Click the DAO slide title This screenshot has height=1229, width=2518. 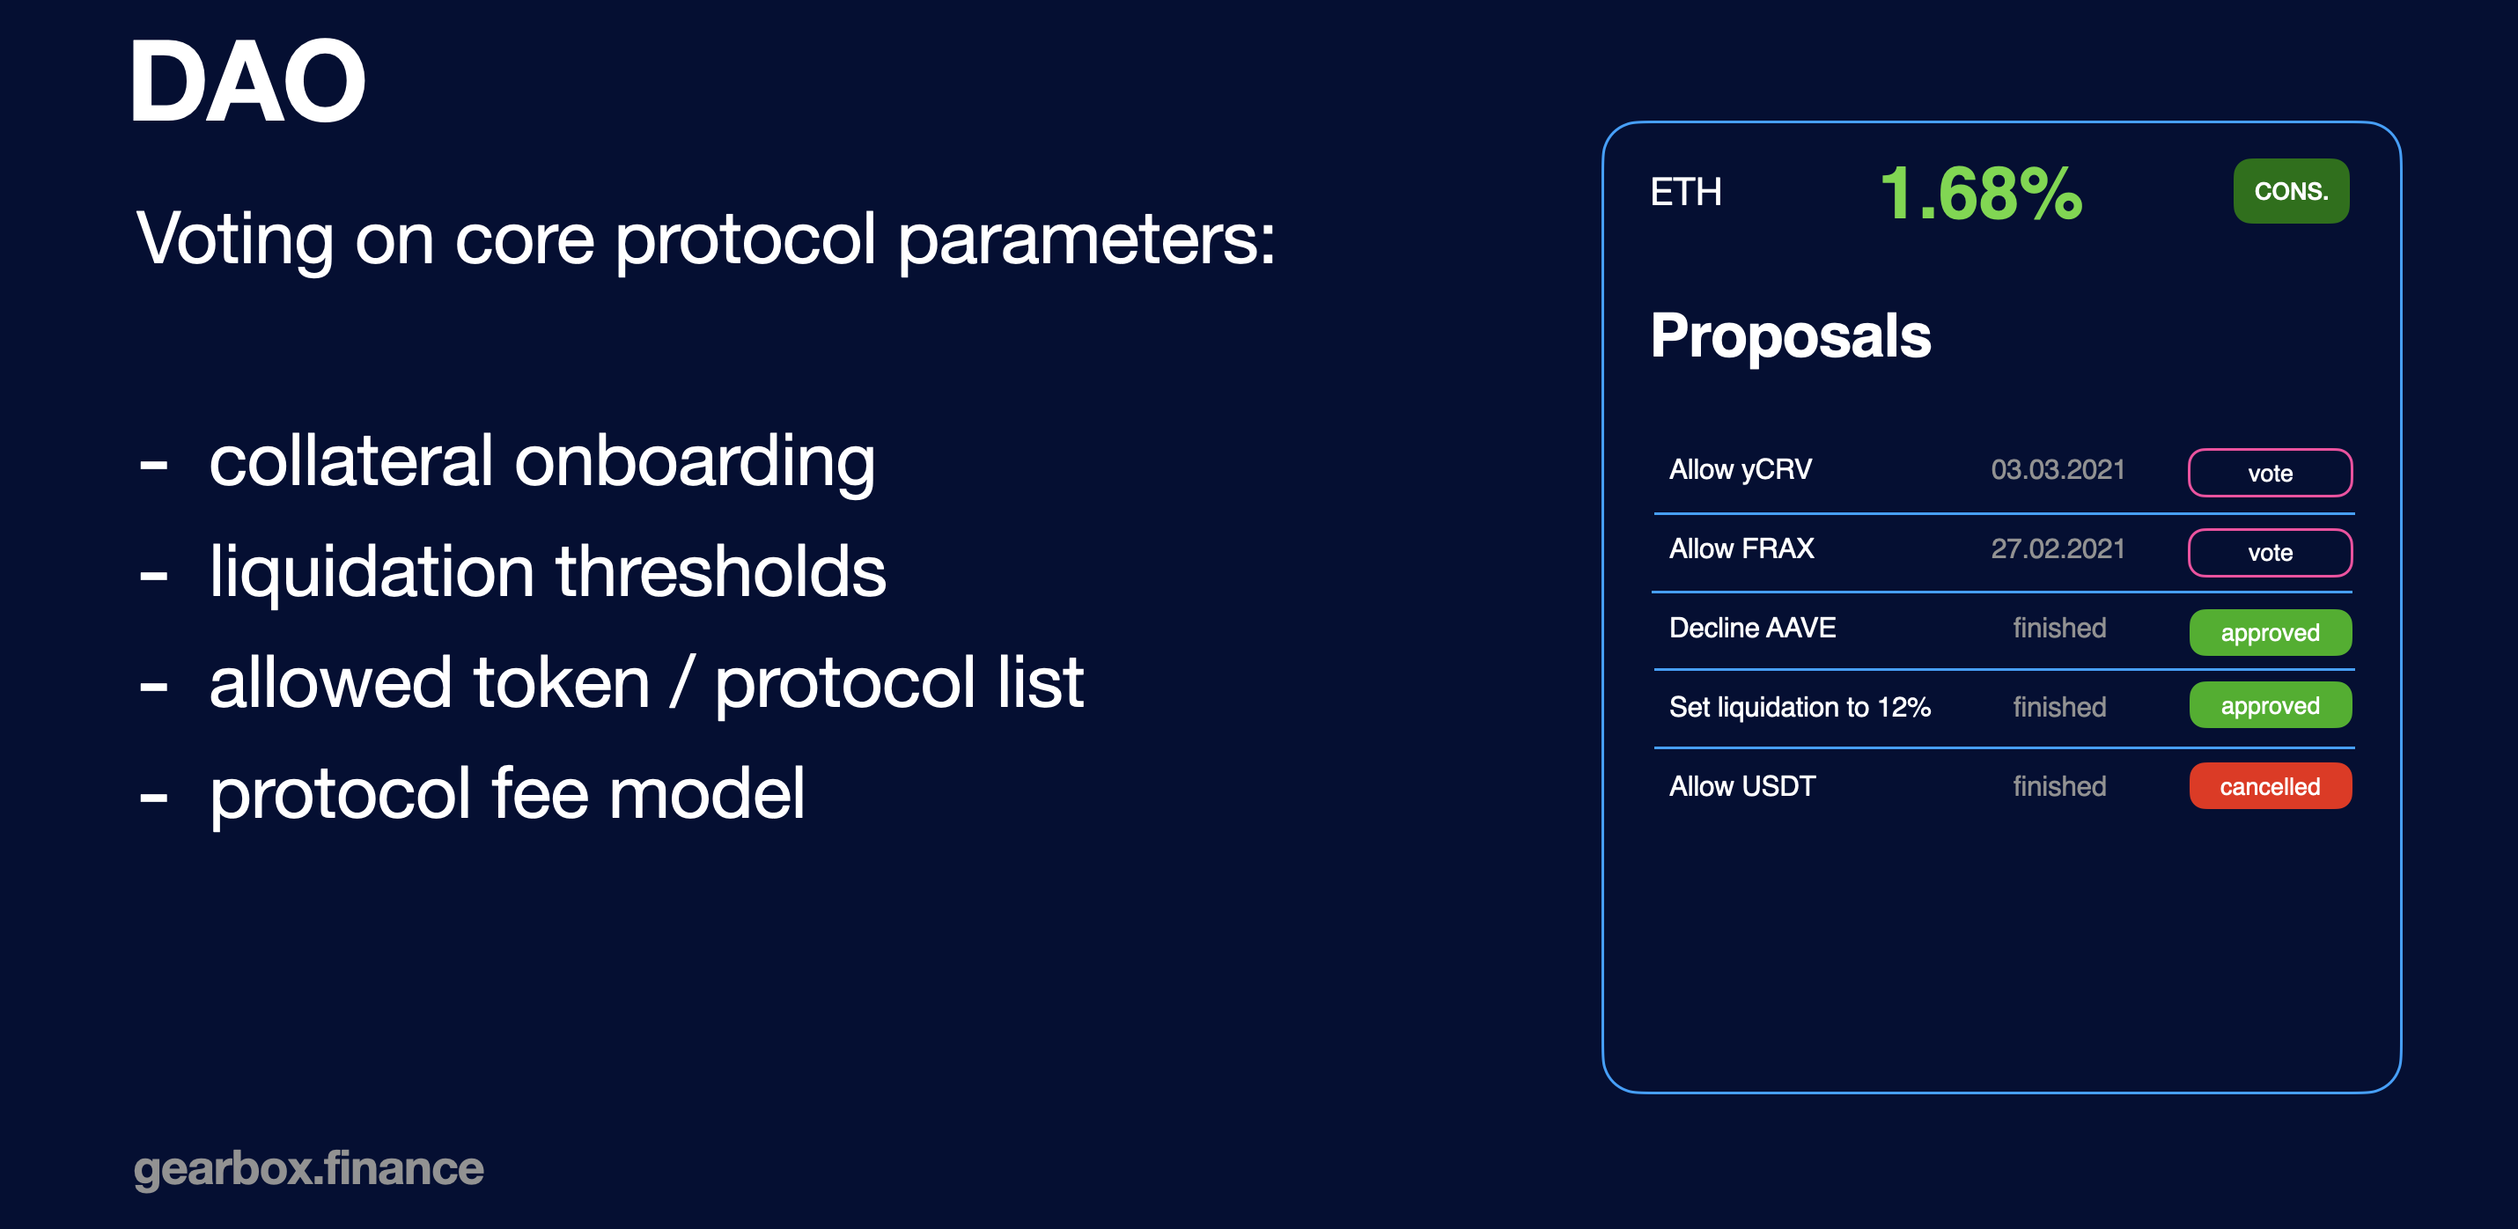[248, 82]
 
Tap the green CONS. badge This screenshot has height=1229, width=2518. [2290, 191]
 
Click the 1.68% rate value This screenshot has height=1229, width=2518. [1981, 193]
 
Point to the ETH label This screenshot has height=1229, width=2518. [1685, 192]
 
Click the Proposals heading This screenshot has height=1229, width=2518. [1790, 335]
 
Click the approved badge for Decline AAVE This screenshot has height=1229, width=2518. [2270, 633]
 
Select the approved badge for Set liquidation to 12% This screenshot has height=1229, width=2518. [2270, 705]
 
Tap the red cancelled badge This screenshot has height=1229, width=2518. [2270, 786]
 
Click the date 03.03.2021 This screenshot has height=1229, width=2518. [2058, 469]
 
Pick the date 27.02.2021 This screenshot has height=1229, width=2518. [2058, 548]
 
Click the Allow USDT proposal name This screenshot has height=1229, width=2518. [1741, 786]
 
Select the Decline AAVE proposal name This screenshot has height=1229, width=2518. [1752, 628]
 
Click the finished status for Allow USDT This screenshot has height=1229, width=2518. [2058, 786]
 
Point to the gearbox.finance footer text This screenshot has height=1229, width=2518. [308, 1169]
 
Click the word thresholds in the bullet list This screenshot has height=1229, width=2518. [720, 571]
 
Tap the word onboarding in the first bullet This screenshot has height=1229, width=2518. [694, 463]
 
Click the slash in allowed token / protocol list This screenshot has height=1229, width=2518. [682, 682]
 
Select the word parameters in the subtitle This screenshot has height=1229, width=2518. [1086, 240]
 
